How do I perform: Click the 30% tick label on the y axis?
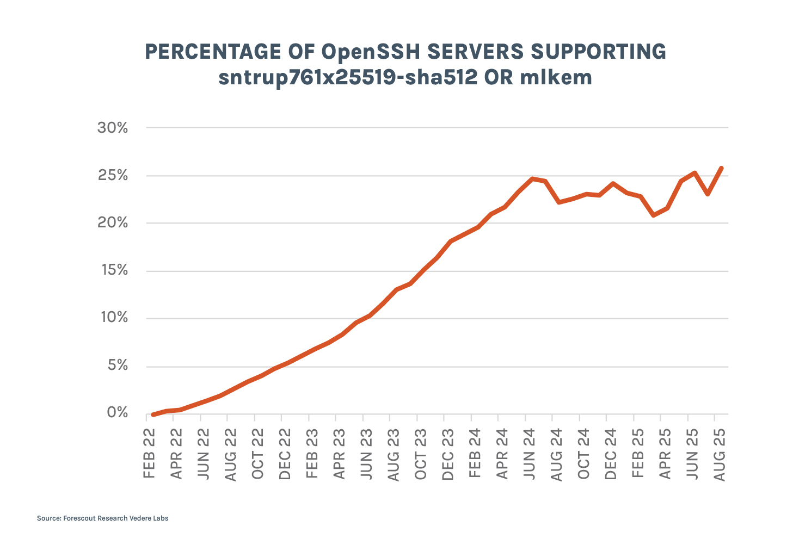pyautogui.click(x=112, y=128)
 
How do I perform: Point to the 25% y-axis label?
pyautogui.click(x=112, y=176)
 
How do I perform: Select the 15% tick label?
pyautogui.click(x=112, y=270)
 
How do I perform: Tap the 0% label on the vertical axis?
pyautogui.click(x=117, y=413)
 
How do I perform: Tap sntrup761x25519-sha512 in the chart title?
pyautogui.click(x=346, y=78)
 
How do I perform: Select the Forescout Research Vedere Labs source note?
pyautogui.click(x=103, y=518)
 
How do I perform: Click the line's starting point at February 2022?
pyautogui.click(x=153, y=414)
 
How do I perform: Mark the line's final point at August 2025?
pyautogui.click(x=722, y=168)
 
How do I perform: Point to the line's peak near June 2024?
pyautogui.click(x=532, y=178)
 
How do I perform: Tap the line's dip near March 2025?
pyautogui.click(x=653, y=215)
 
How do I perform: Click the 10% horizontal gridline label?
pyautogui.click(x=113, y=318)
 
